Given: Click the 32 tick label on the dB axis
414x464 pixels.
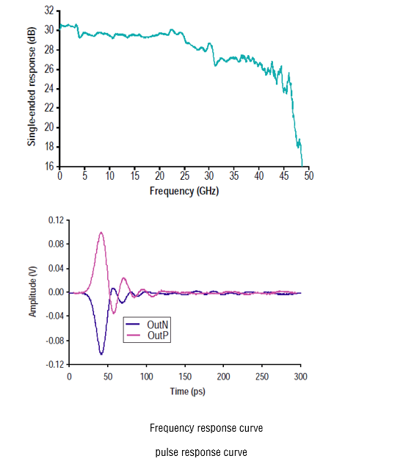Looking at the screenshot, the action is coord(49,11).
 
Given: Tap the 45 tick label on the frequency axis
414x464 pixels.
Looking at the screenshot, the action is coord(284,176).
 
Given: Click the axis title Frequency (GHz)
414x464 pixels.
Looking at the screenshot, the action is coord(184,191).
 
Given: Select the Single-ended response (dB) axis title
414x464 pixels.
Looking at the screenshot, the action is coord(32,87).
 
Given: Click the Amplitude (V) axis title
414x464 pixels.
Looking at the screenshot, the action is coord(32,291).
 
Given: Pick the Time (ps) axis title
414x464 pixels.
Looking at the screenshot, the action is coord(188,391).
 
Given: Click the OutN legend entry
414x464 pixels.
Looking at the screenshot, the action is coord(147,325).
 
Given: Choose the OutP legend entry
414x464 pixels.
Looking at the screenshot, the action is coord(147,336).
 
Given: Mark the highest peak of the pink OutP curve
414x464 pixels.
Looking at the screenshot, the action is coord(101,232).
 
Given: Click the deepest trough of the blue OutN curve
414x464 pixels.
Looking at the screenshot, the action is coord(101,354).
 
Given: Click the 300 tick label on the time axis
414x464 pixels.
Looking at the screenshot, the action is coord(301,377).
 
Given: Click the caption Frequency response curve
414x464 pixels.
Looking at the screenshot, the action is coord(206,428).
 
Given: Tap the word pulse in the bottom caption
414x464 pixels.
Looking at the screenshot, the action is coord(167,452).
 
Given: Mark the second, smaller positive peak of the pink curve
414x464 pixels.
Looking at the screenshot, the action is coord(124,278).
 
